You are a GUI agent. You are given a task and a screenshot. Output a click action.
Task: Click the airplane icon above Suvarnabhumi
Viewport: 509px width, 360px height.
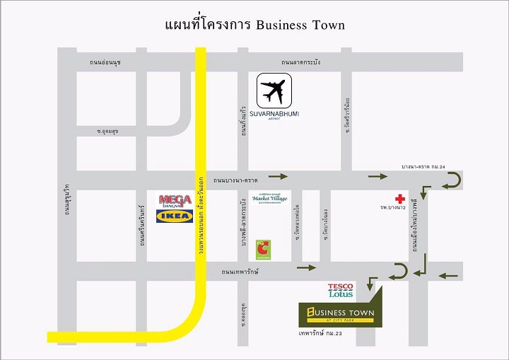tap(274, 91)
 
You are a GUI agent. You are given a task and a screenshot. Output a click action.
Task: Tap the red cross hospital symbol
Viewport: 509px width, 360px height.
tap(400, 199)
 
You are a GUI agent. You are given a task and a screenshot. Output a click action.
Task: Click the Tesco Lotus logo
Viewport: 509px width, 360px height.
tap(340, 290)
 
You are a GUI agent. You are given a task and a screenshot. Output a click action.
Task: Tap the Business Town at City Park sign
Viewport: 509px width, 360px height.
tap(340, 313)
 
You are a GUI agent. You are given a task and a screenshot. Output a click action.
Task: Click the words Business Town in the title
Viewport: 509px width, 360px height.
tap(300, 25)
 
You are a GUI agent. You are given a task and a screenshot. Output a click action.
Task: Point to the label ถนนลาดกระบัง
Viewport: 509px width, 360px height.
tap(300, 62)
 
